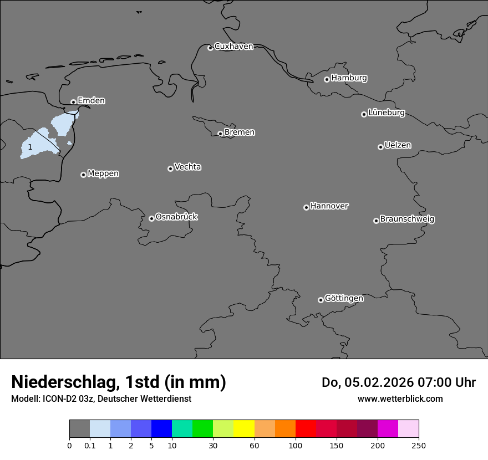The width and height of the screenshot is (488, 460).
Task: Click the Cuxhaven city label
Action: (x=233, y=47)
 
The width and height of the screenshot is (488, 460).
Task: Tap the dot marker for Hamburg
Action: (x=327, y=79)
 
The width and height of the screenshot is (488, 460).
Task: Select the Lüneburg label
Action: (x=386, y=113)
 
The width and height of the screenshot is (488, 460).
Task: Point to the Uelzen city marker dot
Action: (x=380, y=147)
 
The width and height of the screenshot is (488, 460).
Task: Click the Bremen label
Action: (x=240, y=132)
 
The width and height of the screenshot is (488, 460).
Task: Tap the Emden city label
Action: (x=91, y=101)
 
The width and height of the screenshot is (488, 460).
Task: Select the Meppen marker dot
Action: (x=83, y=175)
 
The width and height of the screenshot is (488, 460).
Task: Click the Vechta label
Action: (x=187, y=167)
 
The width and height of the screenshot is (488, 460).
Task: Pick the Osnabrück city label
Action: (x=176, y=217)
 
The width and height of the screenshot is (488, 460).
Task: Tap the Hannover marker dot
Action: (x=306, y=207)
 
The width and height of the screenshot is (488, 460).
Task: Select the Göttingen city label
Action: (x=344, y=298)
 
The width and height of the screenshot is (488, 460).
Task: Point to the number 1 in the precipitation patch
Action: (x=30, y=147)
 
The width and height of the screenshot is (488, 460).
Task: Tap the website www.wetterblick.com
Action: (x=400, y=398)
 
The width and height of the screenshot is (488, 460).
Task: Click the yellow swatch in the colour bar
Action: (x=244, y=429)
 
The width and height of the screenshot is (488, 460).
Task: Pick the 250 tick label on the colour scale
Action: (x=419, y=445)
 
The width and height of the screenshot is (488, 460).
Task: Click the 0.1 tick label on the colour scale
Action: (x=90, y=445)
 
